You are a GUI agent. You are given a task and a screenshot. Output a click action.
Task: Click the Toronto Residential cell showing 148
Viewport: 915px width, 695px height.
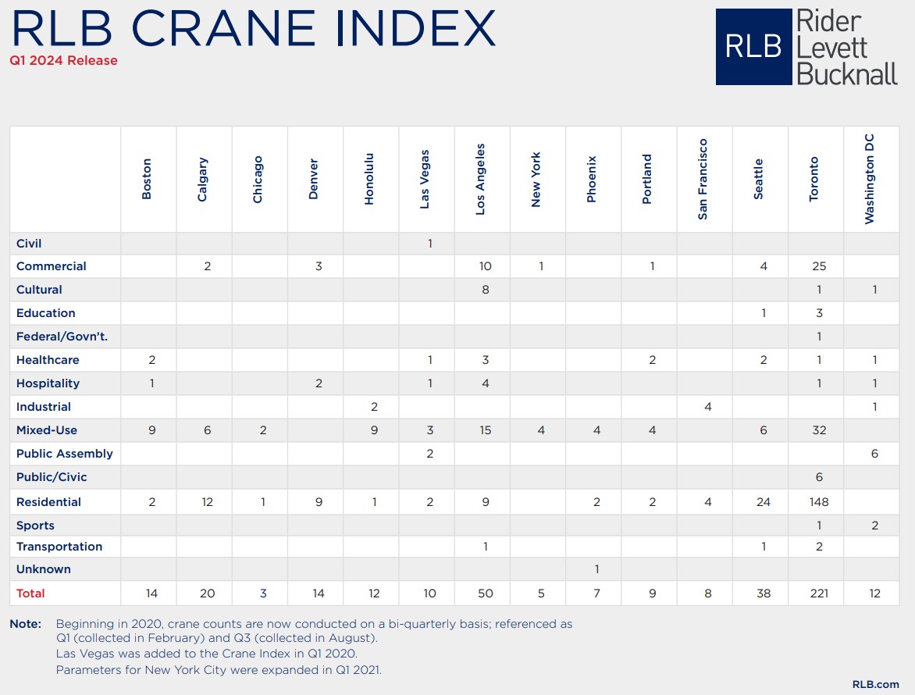click(x=819, y=502)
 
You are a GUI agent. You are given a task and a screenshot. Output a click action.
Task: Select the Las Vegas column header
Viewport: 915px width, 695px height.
click(x=425, y=179)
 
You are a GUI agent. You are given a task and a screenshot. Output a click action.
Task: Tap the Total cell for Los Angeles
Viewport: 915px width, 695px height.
click(x=485, y=593)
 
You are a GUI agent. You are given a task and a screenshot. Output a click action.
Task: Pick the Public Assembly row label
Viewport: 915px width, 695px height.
click(x=64, y=454)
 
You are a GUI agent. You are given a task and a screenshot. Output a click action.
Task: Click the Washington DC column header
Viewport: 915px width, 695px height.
click(x=870, y=179)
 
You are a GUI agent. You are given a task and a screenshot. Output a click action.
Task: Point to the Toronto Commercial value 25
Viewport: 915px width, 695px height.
click(x=819, y=266)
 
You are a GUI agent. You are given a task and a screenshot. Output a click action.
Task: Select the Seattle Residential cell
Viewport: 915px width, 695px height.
click(x=764, y=502)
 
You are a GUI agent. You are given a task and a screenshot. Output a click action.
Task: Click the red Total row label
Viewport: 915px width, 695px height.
click(x=30, y=593)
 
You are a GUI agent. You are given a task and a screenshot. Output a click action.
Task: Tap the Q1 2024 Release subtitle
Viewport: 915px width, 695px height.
click(x=63, y=61)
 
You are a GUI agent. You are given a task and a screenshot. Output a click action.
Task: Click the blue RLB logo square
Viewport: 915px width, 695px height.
click(x=753, y=47)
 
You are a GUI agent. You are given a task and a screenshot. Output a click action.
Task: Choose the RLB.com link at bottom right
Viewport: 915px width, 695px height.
click(x=875, y=685)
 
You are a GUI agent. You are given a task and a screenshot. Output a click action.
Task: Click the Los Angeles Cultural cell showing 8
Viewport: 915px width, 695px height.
click(x=485, y=290)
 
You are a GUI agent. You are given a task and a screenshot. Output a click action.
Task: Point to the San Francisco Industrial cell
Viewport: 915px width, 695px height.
click(x=708, y=407)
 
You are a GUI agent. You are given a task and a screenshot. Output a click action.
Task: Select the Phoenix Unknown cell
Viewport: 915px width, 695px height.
click(x=596, y=569)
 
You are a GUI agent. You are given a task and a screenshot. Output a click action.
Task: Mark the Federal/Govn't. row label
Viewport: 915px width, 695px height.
click(x=62, y=337)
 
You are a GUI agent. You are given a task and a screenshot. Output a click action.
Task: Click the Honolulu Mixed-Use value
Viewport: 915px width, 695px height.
click(x=374, y=430)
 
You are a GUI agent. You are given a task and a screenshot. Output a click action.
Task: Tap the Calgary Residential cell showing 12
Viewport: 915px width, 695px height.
click(x=207, y=502)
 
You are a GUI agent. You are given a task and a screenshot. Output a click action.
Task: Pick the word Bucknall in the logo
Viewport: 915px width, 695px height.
click(x=847, y=74)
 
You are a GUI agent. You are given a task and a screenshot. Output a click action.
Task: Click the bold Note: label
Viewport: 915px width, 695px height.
click(x=26, y=624)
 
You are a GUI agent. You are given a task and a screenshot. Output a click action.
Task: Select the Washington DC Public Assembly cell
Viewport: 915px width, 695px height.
click(x=874, y=454)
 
